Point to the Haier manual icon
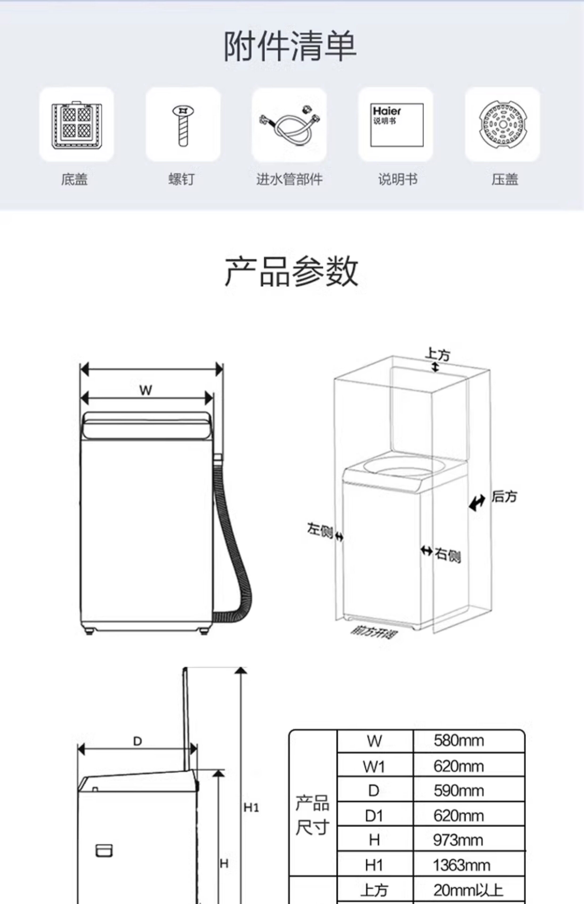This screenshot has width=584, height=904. coord(396,125)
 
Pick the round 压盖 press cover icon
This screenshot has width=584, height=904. coord(503,124)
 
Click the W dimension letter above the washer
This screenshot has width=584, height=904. coord(146,390)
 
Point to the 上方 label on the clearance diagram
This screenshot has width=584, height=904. coord(437,354)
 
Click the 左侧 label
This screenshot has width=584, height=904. coord(320,530)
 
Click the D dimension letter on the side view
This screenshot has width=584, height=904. coord(137,741)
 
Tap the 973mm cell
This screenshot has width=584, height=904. coord(458,840)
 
